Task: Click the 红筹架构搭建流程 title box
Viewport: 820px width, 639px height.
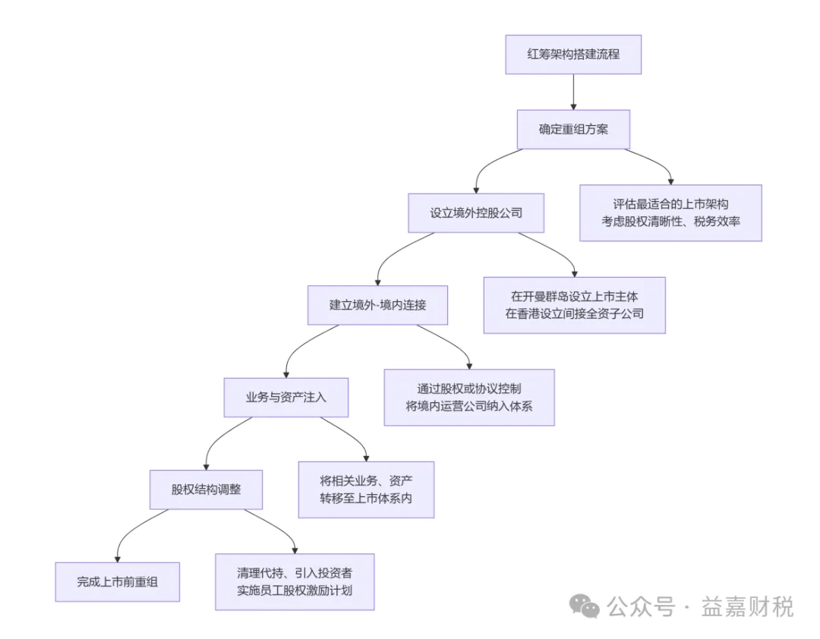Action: (573, 55)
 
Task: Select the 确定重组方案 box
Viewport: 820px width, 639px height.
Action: (573, 129)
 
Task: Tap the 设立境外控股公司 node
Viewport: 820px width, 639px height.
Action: (476, 212)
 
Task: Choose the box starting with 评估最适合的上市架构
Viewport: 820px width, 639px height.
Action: (670, 213)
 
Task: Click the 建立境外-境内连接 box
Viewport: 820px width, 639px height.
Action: (377, 305)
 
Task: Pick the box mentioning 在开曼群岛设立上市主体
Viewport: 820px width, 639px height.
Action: (574, 305)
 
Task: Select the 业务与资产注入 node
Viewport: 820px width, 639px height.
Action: (285, 397)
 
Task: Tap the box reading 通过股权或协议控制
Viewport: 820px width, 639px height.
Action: (468, 397)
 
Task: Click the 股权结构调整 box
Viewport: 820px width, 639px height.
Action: (206, 489)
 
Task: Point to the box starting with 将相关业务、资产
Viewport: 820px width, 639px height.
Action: (366, 489)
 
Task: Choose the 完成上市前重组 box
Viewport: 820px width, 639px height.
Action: (117, 582)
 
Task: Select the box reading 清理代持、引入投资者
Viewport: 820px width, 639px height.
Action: (295, 581)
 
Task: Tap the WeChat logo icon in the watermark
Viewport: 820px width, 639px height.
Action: (585, 606)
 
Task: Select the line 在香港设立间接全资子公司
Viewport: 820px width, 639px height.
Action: (574, 313)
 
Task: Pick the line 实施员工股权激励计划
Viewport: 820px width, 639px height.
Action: (295, 590)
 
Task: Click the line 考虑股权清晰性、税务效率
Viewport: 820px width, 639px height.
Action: (670, 222)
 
